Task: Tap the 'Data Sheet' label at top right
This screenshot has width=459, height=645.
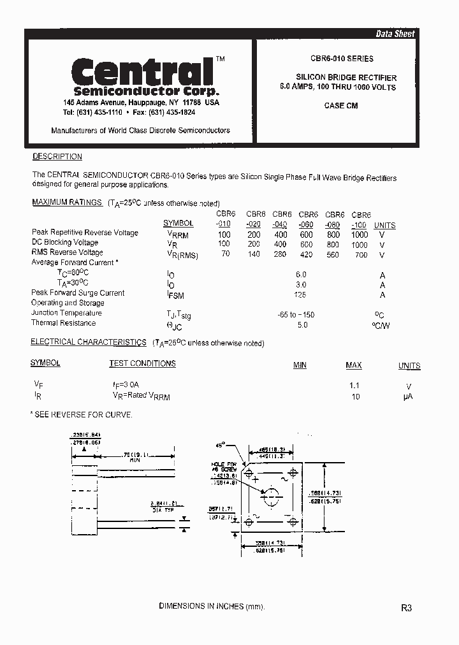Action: coord(395,34)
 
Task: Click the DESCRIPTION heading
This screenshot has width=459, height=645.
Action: coord(57,157)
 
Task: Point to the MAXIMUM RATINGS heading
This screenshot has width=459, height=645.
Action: coord(67,202)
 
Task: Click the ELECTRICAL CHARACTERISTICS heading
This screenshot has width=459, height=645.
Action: coord(89,342)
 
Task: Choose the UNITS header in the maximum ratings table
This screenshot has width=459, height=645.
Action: coord(384,226)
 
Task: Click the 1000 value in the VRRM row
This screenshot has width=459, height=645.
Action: coord(360,235)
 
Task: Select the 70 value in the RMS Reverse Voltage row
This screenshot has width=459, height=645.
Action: coord(224,254)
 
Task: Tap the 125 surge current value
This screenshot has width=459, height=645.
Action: coord(300,294)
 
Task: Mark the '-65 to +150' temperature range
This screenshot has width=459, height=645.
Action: coord(296,315)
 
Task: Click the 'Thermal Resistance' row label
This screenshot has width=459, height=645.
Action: coord(63,323)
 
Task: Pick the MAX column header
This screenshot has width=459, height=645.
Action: coord(354,365)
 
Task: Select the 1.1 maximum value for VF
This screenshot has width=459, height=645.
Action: coord(354,386)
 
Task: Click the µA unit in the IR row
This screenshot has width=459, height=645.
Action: coord(409,396)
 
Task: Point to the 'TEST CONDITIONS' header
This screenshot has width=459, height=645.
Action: coord(142,364)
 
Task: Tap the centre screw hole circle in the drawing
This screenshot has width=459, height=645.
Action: coord(271,495)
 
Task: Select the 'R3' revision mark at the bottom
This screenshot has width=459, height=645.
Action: coord(407,608)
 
